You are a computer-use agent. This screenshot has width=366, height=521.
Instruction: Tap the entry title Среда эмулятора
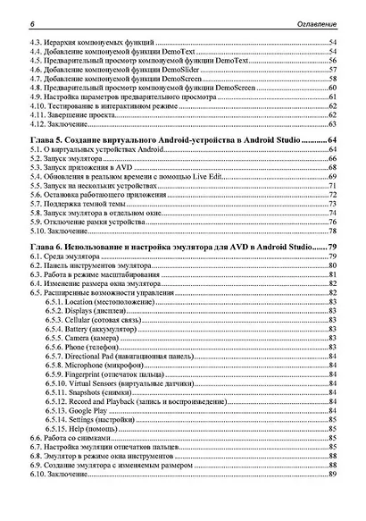[x=79, y=256]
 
